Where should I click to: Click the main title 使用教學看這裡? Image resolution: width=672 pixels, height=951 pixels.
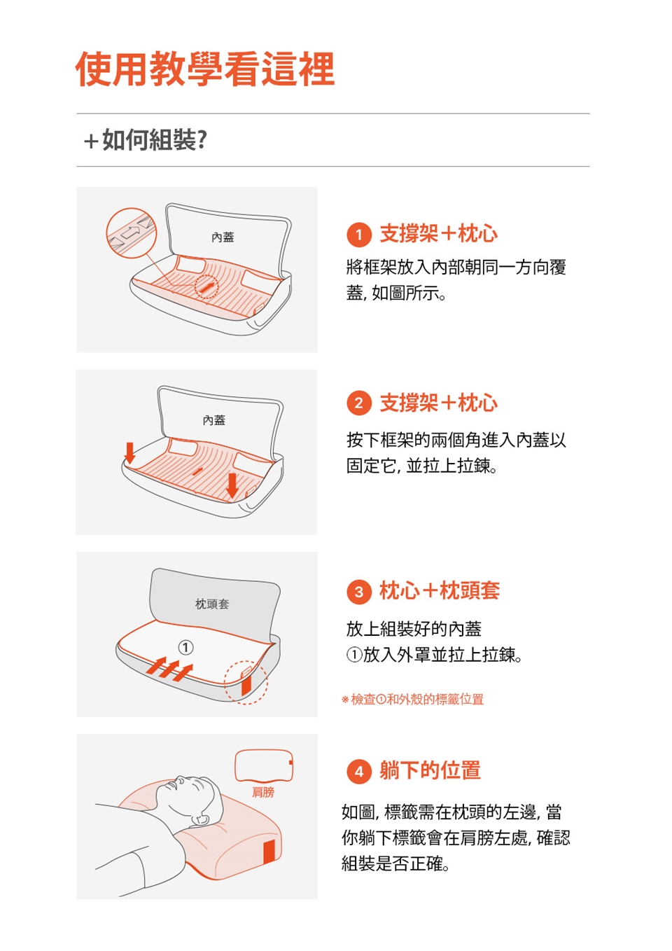205,69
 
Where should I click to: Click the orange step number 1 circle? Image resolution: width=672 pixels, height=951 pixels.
359,235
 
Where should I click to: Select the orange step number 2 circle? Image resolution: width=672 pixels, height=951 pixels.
359,403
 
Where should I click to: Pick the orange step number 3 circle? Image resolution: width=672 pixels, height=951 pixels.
359,592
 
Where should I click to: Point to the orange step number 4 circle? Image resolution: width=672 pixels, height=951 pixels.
359,771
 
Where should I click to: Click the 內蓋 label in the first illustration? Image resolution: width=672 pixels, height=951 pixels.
223,237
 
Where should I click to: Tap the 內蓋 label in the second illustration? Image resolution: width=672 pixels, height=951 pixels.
213,420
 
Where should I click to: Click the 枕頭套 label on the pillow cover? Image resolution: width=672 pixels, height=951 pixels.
211,604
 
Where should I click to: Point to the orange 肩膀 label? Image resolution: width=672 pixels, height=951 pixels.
263,792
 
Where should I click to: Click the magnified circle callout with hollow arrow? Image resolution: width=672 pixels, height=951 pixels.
132,233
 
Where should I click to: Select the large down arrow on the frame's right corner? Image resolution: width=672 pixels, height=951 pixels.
232,485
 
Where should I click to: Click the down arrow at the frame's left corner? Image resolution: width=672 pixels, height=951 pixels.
129,452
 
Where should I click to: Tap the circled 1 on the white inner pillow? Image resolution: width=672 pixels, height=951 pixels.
185,648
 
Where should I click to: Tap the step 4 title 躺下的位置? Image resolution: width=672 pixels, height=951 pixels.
430,770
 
